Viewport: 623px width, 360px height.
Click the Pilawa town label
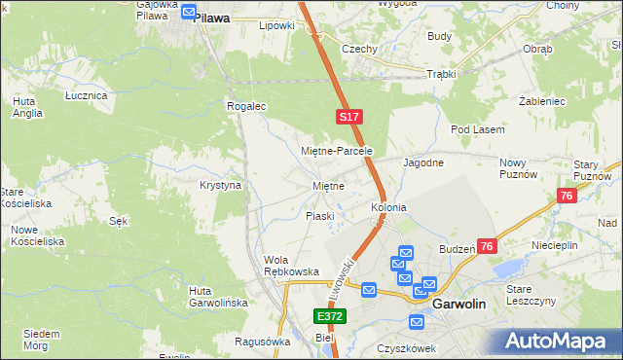coord(211,18)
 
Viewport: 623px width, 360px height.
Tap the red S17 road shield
coord(350,117)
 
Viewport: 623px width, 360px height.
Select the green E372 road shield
coord(329,317)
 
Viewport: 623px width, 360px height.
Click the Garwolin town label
coord(458,304)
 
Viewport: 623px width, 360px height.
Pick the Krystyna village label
coord(220,185)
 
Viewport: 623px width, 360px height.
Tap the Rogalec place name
coord(246,106)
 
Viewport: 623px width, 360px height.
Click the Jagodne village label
coord(423,162)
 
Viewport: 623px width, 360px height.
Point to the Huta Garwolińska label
coord(218,297)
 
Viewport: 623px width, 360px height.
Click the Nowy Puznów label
coord(518,168)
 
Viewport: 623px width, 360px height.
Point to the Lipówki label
coord(276,25)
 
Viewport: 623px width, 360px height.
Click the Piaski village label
coord(320,216)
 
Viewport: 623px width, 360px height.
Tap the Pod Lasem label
coord(475,129)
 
